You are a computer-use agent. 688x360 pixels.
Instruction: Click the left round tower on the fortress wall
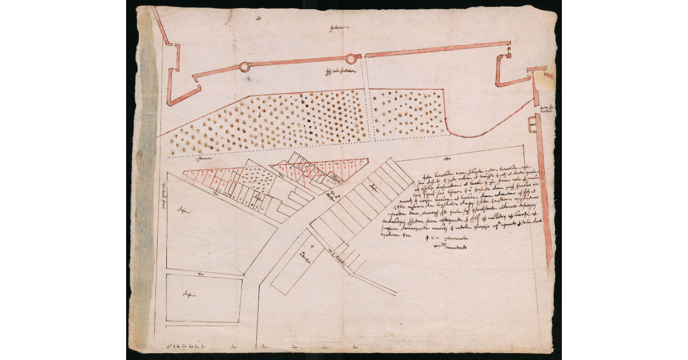[244, 67]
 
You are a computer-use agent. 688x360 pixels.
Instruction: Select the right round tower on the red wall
[351, 58]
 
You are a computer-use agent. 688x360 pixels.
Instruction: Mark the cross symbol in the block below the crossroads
[312, 245]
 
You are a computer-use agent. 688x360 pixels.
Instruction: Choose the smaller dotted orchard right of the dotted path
[407, 112]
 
